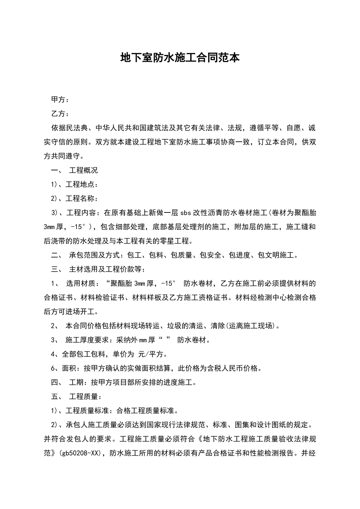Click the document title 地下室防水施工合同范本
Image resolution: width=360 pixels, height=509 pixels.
point(180,58)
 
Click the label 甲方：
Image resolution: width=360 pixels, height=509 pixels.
point(60,100)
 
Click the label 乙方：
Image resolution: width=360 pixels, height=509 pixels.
point(60,114)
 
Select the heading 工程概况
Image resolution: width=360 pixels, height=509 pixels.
point(83,170)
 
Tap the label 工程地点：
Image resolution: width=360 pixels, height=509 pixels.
point(82,184)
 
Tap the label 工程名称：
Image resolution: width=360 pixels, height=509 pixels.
point(82,198)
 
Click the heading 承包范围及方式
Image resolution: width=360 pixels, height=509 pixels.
point(94,255)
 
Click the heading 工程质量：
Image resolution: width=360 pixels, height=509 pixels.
point(85,397)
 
